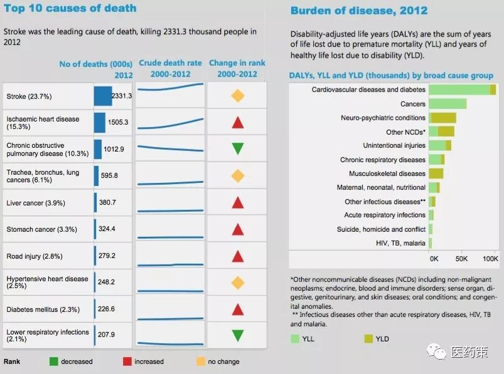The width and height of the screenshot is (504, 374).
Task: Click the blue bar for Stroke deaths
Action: (x=102, y=96)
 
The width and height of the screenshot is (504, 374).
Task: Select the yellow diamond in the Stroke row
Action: (x=237, y=96)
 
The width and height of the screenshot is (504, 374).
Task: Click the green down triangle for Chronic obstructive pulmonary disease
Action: (x=237, y=148)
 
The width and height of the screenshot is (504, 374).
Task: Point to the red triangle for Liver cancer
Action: (x=237, y=202)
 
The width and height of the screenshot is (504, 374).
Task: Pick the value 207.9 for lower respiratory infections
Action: (x=107, y=335)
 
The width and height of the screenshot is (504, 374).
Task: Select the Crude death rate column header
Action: (x=170, y=68)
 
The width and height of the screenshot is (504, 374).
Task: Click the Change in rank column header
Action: (x=237, y=68)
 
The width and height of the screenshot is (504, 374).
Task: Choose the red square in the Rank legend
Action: (x=127, y=361)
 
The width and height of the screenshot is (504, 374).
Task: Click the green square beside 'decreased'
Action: (x=54, y=361)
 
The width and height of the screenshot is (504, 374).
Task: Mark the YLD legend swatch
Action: (x=368, y=339)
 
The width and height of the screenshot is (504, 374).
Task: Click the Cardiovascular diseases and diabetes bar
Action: (x=462, y=90)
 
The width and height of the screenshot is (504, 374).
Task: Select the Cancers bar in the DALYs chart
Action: (x=448, y=104)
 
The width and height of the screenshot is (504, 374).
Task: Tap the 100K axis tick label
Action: (x=491, y=258)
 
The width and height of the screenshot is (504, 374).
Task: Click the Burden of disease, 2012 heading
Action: (x=358, y=11)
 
